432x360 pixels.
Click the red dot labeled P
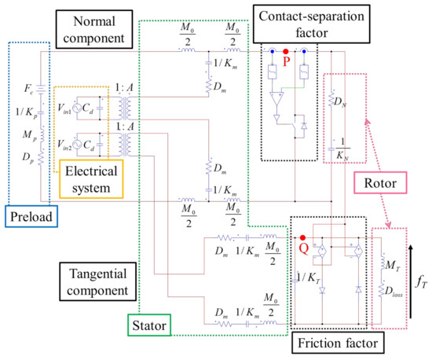pyautogui.click(x=286, y=51)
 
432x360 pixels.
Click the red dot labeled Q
pyautogui.click(x=302, y=237)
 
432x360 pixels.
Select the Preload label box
pyautogui.click(x=31, y=216)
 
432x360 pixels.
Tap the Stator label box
pyautogui.click(x=149, y=325)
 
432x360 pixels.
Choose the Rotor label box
pyautogui.click(x=380, y=183)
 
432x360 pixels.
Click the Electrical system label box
pyautogui.click(x=91, y=179)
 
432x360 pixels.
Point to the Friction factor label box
pyautogui.click(x=338, y=343)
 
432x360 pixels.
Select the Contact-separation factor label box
pyautogui.click(x=311, y=24)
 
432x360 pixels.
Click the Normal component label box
pyautogui.click(x=94, y=29)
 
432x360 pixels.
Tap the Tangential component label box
pyautogui.click(x=98, y=281)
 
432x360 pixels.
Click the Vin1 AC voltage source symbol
pyautogui.click(x=77, y=108)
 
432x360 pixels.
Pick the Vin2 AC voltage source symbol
pyautogui.click(x=77, y=144)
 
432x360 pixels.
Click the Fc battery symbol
pyautogui.click(x=41, y=90)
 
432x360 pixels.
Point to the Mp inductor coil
pyautogui.click(x=42, y=135)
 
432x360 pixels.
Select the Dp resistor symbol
pyautogui.click(x=41, y=158)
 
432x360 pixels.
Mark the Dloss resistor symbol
pyautogui.click(x=381, y=289)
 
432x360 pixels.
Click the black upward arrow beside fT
pyautogui.click(x=411, y=281)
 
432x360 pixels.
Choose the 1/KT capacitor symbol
pyautogui.click(x=295, y=277)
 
